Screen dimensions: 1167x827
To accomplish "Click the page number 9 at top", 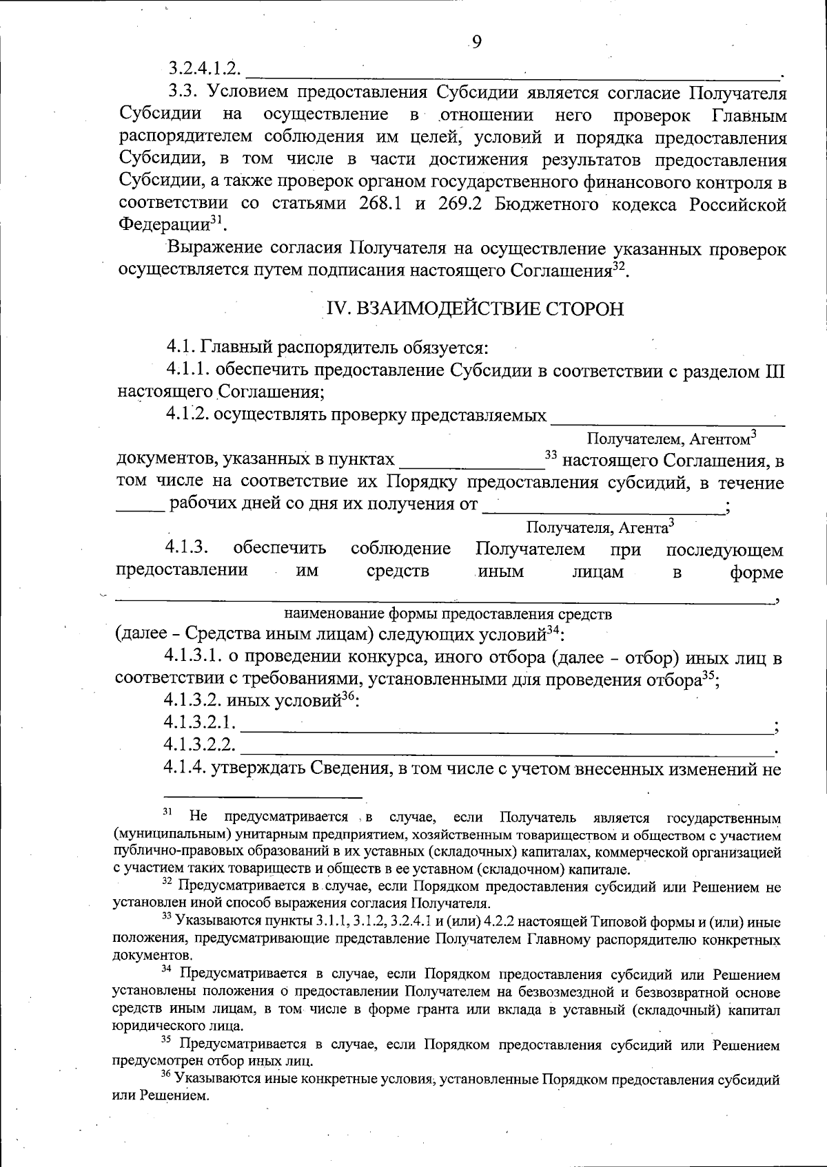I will pos(476,43).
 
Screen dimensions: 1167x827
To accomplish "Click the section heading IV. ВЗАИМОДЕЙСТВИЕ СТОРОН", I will pos(475,309).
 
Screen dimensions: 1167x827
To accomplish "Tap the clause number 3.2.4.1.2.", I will pos(205,69).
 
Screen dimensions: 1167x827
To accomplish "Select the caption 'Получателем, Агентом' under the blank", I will pos(672,439).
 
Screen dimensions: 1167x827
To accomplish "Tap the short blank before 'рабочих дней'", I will pos(140,505).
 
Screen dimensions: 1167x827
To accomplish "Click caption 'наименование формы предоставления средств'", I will pos(447,613).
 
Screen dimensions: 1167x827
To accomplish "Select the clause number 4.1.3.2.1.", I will pos(201,722).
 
